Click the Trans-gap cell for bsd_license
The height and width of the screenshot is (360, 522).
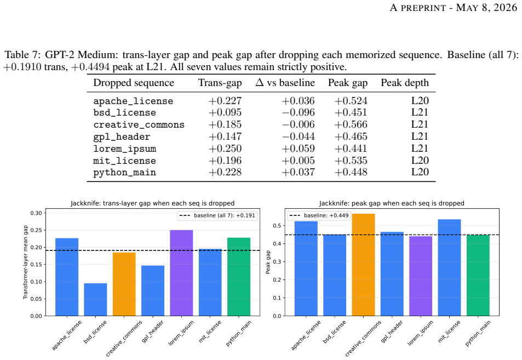pos(225,112)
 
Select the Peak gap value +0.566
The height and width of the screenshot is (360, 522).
pos(351,124)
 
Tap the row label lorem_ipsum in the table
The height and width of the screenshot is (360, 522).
pos(124,148)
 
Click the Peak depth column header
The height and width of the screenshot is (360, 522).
pos(405,83)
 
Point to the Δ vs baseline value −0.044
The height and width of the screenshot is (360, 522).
pos(299,136)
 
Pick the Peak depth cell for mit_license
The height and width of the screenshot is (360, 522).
pos(420,161)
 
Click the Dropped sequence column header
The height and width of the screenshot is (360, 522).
pos(134,83)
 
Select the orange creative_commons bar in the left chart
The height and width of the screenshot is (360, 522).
pos(124,284)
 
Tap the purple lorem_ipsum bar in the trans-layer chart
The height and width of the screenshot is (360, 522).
pos(181,273)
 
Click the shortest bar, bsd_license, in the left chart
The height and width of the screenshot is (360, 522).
pos(95,299)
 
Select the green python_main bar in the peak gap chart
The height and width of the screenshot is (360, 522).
pos(478,276)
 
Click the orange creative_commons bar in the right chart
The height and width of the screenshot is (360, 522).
pos(363,265)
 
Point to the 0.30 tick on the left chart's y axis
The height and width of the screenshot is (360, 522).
pos(36,213)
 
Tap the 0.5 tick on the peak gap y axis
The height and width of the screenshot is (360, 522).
pos(278,226)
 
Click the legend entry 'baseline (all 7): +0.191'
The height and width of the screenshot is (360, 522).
pos(217,215)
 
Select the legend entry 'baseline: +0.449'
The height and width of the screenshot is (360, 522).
pos(319,215)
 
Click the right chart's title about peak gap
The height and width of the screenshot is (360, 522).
pos(392,203)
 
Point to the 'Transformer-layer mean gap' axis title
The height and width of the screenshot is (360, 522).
pos(25,262)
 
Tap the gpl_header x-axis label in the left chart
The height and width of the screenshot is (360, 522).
pos(153,332)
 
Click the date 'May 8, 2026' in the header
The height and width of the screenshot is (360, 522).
pos(486,7)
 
